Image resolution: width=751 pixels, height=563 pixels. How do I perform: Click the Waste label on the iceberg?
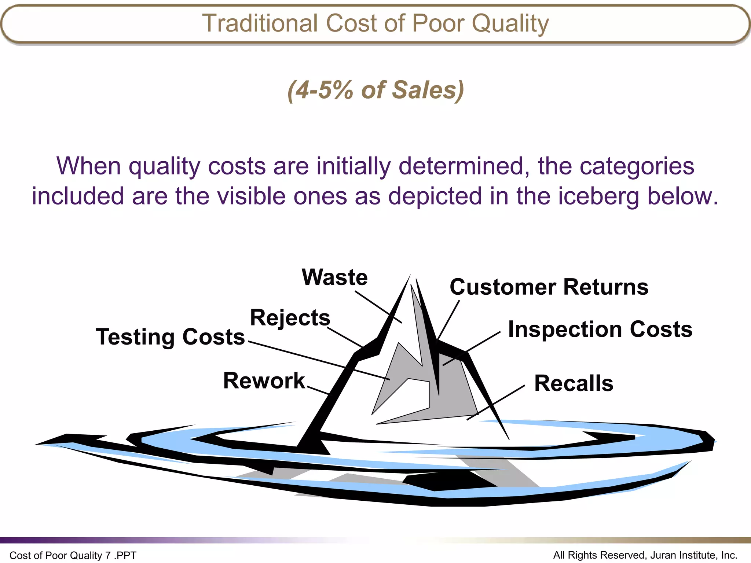point(334,277)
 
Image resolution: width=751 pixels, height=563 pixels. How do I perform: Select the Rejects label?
point(290,317)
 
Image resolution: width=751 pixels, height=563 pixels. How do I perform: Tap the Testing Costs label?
point(170,337)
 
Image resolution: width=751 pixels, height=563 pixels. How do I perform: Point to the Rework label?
point(264,380)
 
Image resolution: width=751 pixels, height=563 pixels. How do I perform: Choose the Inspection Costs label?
point(600,329)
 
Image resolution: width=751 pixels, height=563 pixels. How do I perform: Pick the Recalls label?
point(574,383)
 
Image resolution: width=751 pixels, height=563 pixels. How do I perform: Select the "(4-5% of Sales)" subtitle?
point(376,90)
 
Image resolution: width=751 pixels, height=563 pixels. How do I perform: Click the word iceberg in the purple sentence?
point(599,196)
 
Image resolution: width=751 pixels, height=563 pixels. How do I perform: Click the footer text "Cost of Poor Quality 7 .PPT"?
point(73,555)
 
